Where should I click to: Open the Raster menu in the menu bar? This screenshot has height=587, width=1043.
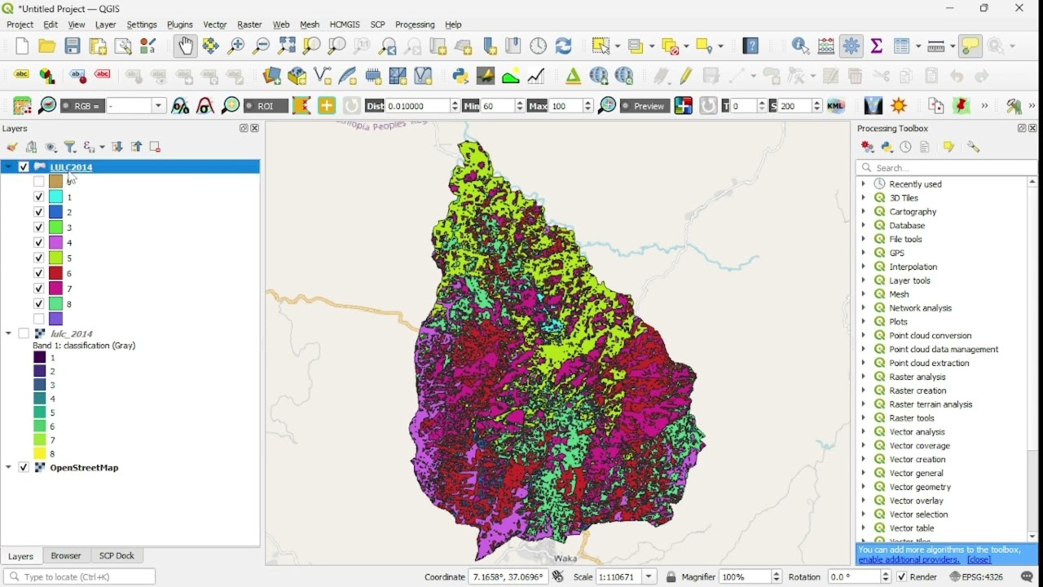pyautogui.click(x=249, y=24)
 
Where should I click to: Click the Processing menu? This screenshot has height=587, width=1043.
pyautogui.click(x=415, y=24)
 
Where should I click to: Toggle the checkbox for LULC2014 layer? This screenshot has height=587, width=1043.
pyautogui.click(x=24, y=167)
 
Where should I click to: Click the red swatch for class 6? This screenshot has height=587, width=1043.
pyautogui.click(x=55, y=273)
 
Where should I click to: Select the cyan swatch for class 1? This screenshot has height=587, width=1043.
pyautogui.click(x=55, y=196)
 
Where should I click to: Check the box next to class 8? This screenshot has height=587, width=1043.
pyautogui.click(x=38, y=304)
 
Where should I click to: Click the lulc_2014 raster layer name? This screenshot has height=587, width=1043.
pyautogui.click(x=71, y=333)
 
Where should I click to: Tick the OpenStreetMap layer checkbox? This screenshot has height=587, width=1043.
pyautogui.click(x=24, y=468)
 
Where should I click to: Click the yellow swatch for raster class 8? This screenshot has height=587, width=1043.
pyautogui.click(x=39, y=454)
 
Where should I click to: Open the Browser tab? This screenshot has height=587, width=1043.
pyautogui.click(x=66, y=556)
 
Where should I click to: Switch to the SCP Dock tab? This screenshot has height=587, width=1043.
pyautogui.click(x=117, y=556)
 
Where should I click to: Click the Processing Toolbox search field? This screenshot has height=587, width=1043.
pyautogui.click(x=949, y=168)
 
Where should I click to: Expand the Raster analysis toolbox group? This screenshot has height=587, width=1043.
pyautogui.click(x=864, y=377)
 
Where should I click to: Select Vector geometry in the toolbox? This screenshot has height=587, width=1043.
pyautogui.click(x=920, y=487)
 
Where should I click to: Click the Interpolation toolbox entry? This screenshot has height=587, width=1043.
pyautogui.click(x=913, y=267)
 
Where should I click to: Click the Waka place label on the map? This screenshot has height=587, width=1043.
pyautogui.click(x=565, y=558)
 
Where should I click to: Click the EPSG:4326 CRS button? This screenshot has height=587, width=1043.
pyautogui.click(x=977, y=576)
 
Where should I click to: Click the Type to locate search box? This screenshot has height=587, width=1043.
pyautogui.click(x=81, y=576)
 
